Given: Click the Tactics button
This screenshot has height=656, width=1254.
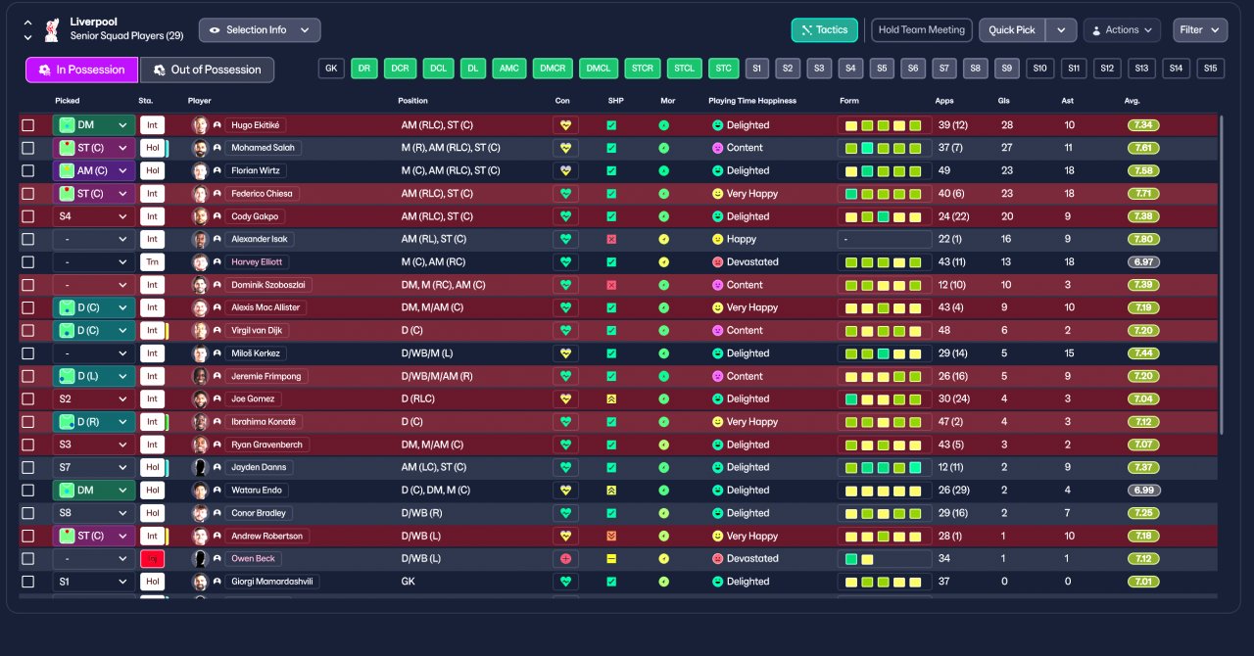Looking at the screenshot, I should pyautogui.click(x=824, y=30).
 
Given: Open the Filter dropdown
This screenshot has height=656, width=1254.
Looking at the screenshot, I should pyautogui.click(x=1199, y=30).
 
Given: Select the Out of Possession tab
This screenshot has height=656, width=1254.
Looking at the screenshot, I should pyautogui.click(x=207, y=70).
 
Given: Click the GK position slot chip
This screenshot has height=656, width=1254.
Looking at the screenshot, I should pyautogui.click(x=331, y=69).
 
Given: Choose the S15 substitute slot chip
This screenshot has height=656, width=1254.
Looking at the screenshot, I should pyautogui.click(x=1210, y=69).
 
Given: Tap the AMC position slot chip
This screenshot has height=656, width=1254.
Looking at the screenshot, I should pyautogui.click(x=508, y=69).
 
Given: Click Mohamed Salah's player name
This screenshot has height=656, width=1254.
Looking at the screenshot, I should pyautogui.click(x=265, y=148).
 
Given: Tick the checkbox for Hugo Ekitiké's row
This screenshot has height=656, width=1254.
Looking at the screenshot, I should pyautogui.click(x=28, y=125).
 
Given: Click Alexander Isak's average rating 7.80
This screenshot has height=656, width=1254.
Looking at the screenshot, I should pyautogui.click(x=1144, y=239).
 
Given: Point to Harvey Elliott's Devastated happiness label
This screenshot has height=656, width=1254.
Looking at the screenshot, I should pyautogui.click(x=752, y=262).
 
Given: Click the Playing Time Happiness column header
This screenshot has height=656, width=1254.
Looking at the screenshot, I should pyautogui.click(x=752, y=101).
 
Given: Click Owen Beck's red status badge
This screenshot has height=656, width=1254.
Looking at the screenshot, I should pyautogui.click(x=152, y=559).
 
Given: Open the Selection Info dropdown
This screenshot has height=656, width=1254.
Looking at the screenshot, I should pyautogui.click(x=260, y=30).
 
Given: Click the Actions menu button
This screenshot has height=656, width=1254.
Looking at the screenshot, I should pyautogui.click(x=1122, y=30).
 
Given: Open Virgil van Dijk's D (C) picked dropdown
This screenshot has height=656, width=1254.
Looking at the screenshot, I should pyautogui.click(x=94, y=331).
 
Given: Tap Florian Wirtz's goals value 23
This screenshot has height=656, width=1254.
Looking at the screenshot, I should pyautogui.click(x=1006, y=170).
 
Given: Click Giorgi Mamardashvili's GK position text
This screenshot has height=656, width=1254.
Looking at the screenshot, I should pyautogui.click(x=408, y=582).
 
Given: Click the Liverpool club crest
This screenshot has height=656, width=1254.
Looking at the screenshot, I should pyautogui.click(x=52, y=29).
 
